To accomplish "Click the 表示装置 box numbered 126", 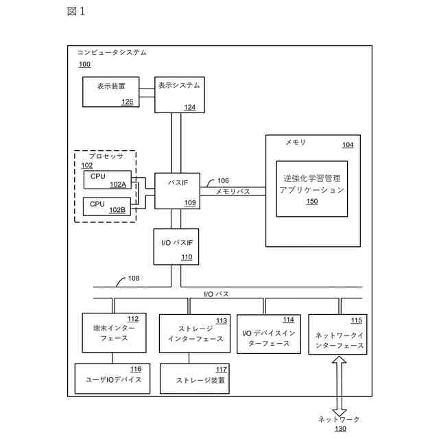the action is click(x=111, y=92).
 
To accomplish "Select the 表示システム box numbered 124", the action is click(x=180, y=95).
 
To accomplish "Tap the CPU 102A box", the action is click(x=108, y=180).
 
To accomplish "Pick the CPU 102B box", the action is click(x=107, y=206).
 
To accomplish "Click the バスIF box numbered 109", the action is click(x=177, y=191).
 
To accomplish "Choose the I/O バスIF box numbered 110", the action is click(x=176, y=247).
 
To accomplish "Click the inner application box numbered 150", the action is click(x=312, y=189).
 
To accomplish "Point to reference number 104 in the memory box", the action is click(x=348, y=145).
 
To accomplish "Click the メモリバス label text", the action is click(x=233, y=191).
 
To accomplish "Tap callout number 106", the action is click(x=223, y=180).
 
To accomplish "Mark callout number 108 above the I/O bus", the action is click(x=134, y=278).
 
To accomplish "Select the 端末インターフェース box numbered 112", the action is click(x=114, y=333).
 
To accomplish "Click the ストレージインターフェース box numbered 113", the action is click(x=195, y=333).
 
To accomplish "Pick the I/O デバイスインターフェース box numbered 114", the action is click(x=269, y=334).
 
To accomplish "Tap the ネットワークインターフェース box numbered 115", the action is click(x=337, y=334).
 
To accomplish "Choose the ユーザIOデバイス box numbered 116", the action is click(x=112, y=379).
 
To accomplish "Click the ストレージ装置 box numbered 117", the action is click(x=195, y=379).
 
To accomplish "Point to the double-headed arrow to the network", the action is click(x=339, y=386).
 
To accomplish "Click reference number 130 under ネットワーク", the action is click(x=340, y=429).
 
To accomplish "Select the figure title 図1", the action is click(x=76, y=11).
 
